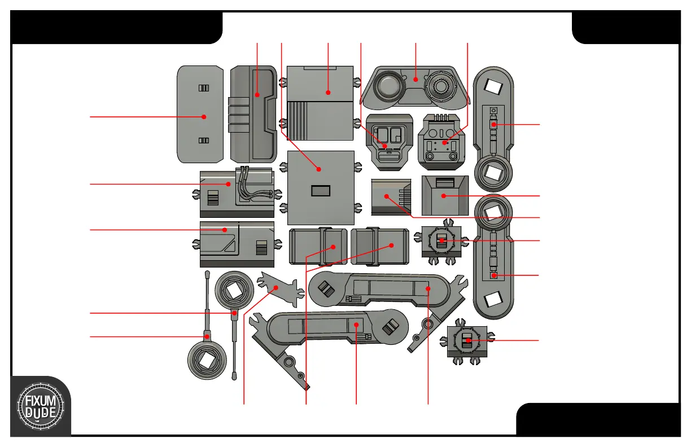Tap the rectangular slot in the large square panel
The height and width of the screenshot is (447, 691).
[321, 191]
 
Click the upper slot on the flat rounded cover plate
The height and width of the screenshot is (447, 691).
[204, 88]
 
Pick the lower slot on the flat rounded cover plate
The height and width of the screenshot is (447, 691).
[204, 141]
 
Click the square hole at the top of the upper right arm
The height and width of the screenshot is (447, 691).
[494, 86]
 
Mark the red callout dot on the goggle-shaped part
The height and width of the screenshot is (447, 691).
[416, 80]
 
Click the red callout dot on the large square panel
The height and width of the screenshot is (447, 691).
[319, 169]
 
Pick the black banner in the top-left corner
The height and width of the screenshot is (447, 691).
[116, 27]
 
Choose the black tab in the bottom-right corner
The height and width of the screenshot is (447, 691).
[598, 420]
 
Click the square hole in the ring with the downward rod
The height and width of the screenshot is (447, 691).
[233, 291]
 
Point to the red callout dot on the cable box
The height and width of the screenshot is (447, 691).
[229, 184]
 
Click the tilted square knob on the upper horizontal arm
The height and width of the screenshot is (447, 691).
[326, 289]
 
